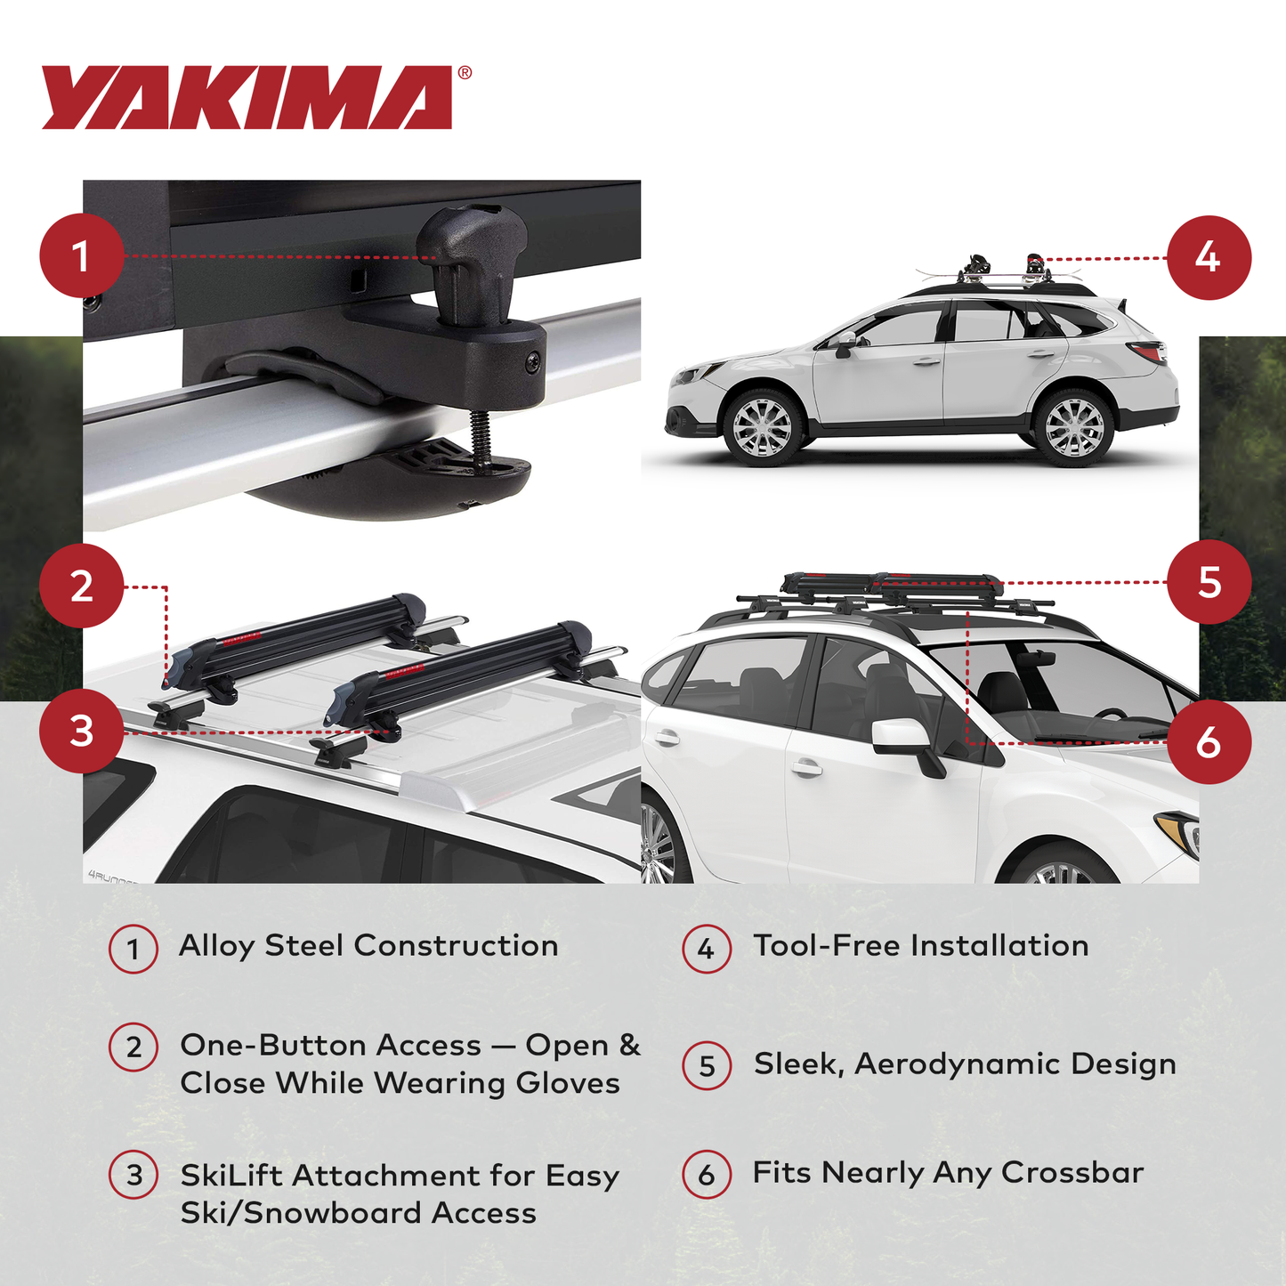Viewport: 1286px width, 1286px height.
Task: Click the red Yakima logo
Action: click(247, 97)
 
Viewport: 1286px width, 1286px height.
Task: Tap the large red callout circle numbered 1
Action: click(81, 256)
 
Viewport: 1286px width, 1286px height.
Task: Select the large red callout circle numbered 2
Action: click(81, 586)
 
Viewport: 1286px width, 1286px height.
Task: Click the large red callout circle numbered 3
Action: click(81, 732)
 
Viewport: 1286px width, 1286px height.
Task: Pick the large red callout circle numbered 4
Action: click(1208, 257)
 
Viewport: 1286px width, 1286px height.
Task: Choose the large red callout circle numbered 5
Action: click(1208, 582)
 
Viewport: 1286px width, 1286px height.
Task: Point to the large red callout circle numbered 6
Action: click(1208, 742)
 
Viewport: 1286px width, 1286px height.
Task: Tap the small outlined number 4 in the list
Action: click(707, 949)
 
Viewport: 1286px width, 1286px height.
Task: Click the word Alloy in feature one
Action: click(216, 946)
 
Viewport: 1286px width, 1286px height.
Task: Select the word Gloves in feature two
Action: click(568, 1083)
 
